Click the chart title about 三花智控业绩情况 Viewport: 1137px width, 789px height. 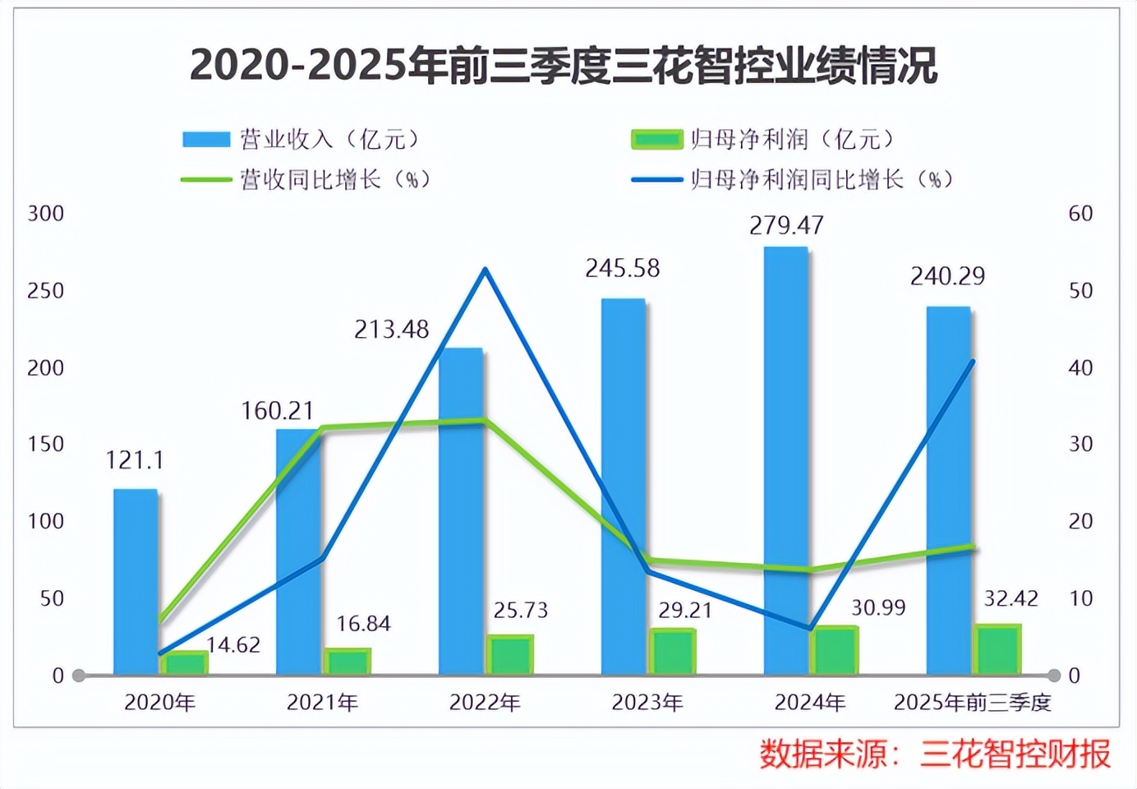[564, 65]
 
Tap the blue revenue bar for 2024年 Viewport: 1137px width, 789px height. [785, 460]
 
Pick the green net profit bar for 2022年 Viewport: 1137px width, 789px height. [510, 654]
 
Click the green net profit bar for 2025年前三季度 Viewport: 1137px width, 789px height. [997, 649]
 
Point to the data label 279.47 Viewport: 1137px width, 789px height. [786, 225]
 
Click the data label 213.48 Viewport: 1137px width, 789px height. [391, 330]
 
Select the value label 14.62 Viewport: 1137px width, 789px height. [233, 645]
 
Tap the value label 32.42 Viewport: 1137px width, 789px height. [1011, 598]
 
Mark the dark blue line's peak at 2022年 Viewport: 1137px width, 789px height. [486, 270]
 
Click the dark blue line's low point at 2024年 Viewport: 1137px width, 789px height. [810, 629]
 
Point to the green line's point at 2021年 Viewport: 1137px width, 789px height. [323, 427]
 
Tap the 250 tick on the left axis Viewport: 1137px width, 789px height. [46, 291]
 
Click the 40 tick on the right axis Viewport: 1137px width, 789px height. [1080, 367]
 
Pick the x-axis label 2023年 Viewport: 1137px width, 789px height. [647, 703]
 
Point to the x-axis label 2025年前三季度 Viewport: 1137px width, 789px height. [972, 703]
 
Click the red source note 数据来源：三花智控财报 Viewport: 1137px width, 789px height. [934, 754]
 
